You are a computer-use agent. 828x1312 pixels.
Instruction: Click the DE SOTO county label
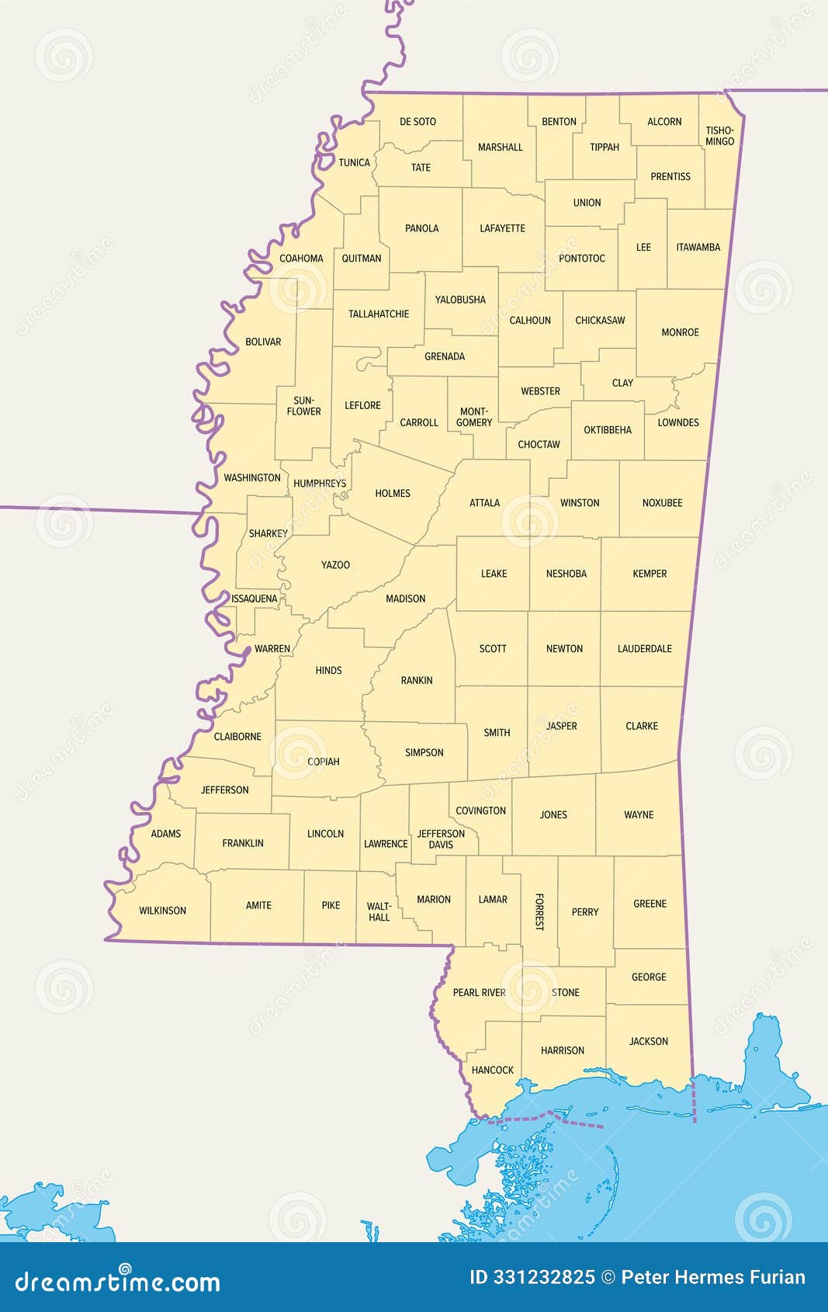point(417,122)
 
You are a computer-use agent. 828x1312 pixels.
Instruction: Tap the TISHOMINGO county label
point(719,136)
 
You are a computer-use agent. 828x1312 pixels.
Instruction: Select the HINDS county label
point(328,671)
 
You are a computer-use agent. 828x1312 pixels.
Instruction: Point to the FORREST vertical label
point(539,912)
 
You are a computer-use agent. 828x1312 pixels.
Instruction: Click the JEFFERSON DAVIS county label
point(441,839)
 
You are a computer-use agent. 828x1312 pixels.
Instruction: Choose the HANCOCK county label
point(492,1071)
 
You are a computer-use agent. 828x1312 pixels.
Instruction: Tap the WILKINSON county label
point(162,911)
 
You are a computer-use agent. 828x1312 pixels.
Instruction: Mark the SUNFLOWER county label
point(303,406)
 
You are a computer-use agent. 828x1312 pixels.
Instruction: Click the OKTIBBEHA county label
point(608,430)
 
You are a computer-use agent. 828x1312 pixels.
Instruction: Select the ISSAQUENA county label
point(254,599)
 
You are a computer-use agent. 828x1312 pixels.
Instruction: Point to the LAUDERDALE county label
point(644,649)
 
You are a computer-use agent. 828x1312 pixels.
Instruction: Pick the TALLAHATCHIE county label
point(378,314)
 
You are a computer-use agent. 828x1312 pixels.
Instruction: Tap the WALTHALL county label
point(379,912)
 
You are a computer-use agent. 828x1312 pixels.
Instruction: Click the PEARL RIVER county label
point(479,993)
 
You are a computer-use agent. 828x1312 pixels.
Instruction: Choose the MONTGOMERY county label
point(473,418)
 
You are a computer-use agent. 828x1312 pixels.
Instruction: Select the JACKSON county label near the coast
point(648,1042)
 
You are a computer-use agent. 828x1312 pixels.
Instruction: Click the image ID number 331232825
point(544,1278)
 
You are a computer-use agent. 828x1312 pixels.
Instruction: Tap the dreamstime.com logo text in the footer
point(118,1282)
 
